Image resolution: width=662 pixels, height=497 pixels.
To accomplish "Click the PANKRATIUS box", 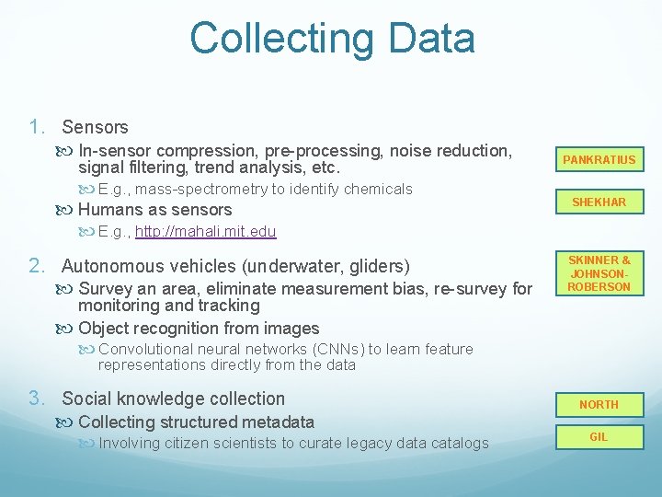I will coord(599,160).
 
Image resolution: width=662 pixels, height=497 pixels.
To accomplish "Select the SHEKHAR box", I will coord(599,202).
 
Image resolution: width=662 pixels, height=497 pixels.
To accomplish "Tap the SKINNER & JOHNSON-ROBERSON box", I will coord(599,274).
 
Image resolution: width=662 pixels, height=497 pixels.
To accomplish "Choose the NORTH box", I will coord(599,405).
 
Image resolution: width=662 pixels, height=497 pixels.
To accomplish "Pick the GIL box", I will coord(599,437).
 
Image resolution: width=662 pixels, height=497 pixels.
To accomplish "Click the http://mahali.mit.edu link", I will coord(205,231).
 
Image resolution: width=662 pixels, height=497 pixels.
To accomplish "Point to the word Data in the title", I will coord(432,39).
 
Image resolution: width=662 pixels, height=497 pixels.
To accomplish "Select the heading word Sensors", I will coord(95,127).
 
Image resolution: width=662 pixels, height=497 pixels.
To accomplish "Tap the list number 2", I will coord(36,266).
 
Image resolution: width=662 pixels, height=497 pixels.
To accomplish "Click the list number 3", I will coord(36,399).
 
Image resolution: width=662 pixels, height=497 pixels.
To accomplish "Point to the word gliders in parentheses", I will coord(378,266).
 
